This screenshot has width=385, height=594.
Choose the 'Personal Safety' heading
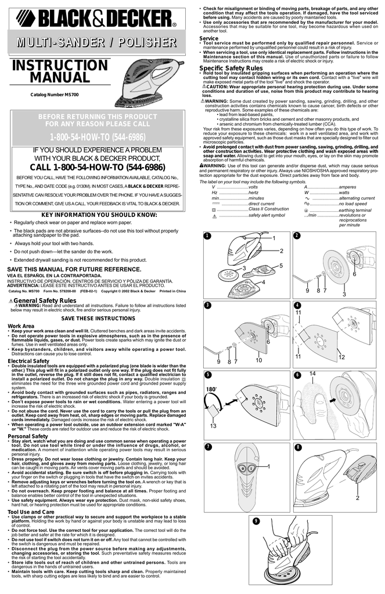27,436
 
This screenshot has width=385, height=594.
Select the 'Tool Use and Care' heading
31,512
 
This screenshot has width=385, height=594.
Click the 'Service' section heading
208,38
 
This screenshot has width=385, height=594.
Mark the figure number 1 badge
206,236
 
